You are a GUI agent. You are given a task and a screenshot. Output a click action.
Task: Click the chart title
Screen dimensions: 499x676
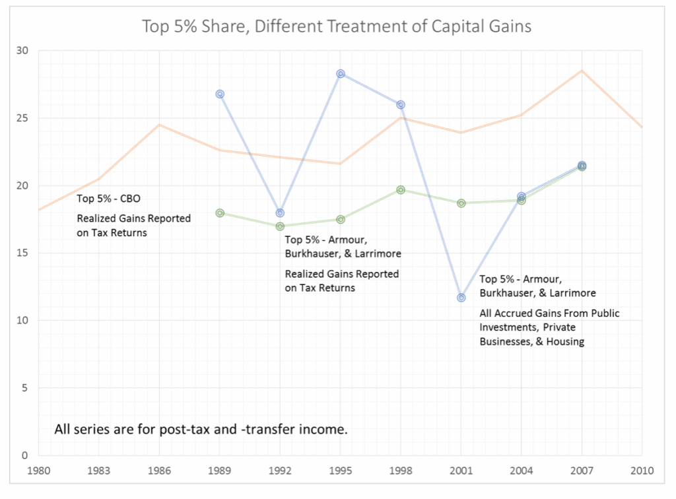pos(337,27)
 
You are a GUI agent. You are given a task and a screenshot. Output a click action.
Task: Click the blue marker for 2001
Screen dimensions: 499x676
pos(461,298)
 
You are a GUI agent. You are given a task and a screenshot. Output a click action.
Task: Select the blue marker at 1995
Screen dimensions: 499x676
pos(340,74)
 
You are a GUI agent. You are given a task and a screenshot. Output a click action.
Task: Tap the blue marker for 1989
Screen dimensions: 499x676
pos(220,94)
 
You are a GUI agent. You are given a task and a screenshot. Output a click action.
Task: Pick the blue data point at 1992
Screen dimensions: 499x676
pos(280,213)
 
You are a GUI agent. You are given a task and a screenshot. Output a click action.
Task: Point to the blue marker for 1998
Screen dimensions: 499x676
pos(400,104)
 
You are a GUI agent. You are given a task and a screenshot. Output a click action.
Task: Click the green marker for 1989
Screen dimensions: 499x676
pos(220,213)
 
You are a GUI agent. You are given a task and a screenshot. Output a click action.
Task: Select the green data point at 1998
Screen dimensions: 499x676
pos(400,190)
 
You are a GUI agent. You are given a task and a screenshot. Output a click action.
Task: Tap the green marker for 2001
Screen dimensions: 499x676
pos(461,203)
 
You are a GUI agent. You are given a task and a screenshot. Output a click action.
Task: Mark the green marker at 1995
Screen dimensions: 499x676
pos(340,219)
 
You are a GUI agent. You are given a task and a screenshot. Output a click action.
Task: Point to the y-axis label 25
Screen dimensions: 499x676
pos(24,118)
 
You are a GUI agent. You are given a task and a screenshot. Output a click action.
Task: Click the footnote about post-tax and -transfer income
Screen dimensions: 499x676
pos(201,430)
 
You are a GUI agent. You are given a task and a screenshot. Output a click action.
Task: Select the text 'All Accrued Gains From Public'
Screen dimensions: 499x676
pos(549,313)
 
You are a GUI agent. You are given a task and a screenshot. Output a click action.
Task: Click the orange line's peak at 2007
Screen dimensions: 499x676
pos(582,70)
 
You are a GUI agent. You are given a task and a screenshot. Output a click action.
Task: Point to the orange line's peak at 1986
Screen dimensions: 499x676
pos(159,124)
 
